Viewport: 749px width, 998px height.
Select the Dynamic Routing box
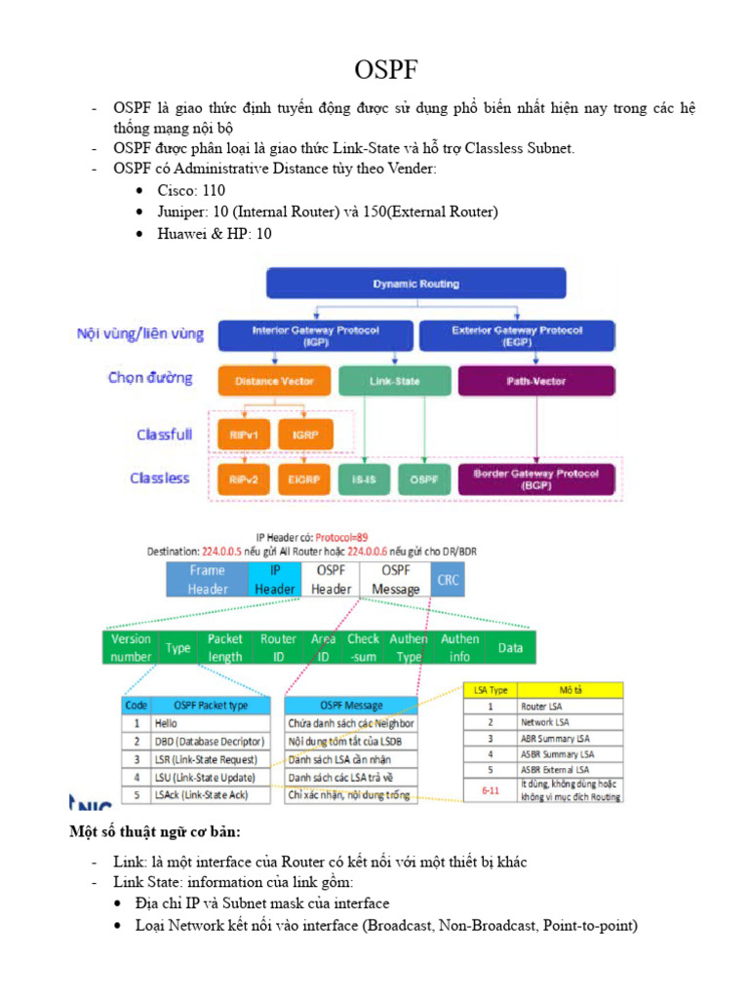pyautogui.click(x=416, y=285)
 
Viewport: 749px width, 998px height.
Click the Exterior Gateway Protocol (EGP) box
pyautogui.click(x=517, y=335)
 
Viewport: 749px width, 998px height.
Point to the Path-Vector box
pyautogui.click(x=536, y=381)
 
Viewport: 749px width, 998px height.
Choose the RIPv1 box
pyautogui.click(x=243, y=434)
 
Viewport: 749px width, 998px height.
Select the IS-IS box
pyautogui.click(x=364, y=479)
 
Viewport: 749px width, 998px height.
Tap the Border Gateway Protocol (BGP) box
pyautogui.click(x=536, y=479)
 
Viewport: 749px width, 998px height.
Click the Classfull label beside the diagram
pyautogui.click(x=164, y=435)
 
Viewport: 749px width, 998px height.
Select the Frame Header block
pyautogui.click(x=208, y=580)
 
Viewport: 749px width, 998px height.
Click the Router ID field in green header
pyautogui.click(x=278, y=647)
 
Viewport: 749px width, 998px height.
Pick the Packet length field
pyautogui.click(x=225, y=647)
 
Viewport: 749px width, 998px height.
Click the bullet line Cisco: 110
pyautogui.click(x=191, y=191)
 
